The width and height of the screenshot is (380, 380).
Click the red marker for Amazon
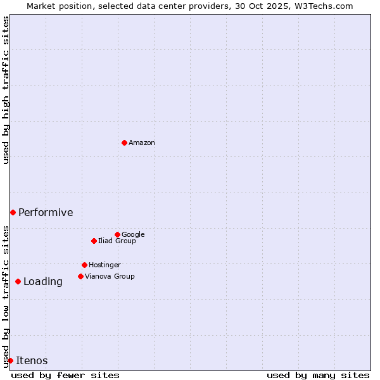point(124,142)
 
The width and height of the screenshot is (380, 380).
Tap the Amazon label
point(142,143)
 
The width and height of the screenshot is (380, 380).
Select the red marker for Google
point(117,234)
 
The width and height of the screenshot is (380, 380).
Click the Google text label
point(133,235)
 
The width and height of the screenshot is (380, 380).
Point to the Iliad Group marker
point(94,241)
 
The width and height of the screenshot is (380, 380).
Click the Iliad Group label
point(117,241)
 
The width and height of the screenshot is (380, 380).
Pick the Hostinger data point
point(84,265)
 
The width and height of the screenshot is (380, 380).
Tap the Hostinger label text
point(104,265)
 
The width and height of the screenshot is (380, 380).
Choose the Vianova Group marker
point(80,276)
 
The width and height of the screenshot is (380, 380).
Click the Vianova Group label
point(110,277)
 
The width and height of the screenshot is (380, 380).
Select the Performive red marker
point(13,212)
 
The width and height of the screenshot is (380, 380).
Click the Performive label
point(46,213)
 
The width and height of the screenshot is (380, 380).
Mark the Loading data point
point(18,281)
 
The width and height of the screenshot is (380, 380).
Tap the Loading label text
point(43,282)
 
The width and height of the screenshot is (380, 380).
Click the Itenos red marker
point(10,360)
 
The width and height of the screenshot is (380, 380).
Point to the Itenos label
point(32,361)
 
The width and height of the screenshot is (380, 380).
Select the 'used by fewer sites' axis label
point(65,375)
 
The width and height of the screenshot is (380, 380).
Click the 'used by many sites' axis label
point(318,375)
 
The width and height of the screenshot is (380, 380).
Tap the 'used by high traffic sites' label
point(6,90)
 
